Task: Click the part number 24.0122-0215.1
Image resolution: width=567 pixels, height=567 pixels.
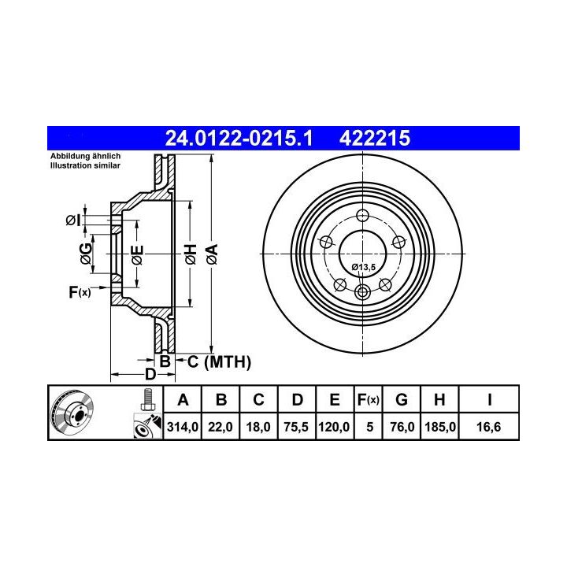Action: point(239,139)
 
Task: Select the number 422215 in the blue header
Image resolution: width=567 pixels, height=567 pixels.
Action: point(375,139)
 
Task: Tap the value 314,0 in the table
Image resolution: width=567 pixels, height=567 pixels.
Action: point(182,427)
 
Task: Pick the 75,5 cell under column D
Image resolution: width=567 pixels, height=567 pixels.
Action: point(296,427)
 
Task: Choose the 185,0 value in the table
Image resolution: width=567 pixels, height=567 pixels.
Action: point(439,427)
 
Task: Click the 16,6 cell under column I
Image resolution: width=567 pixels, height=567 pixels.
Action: point(489,427)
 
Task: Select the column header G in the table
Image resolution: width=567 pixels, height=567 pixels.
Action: point(402,399)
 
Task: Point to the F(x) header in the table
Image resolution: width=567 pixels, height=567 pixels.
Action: point(368,400)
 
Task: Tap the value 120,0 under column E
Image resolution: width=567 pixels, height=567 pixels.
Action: point(334,427)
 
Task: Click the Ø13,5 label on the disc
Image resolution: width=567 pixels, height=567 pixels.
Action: point(364,267)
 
